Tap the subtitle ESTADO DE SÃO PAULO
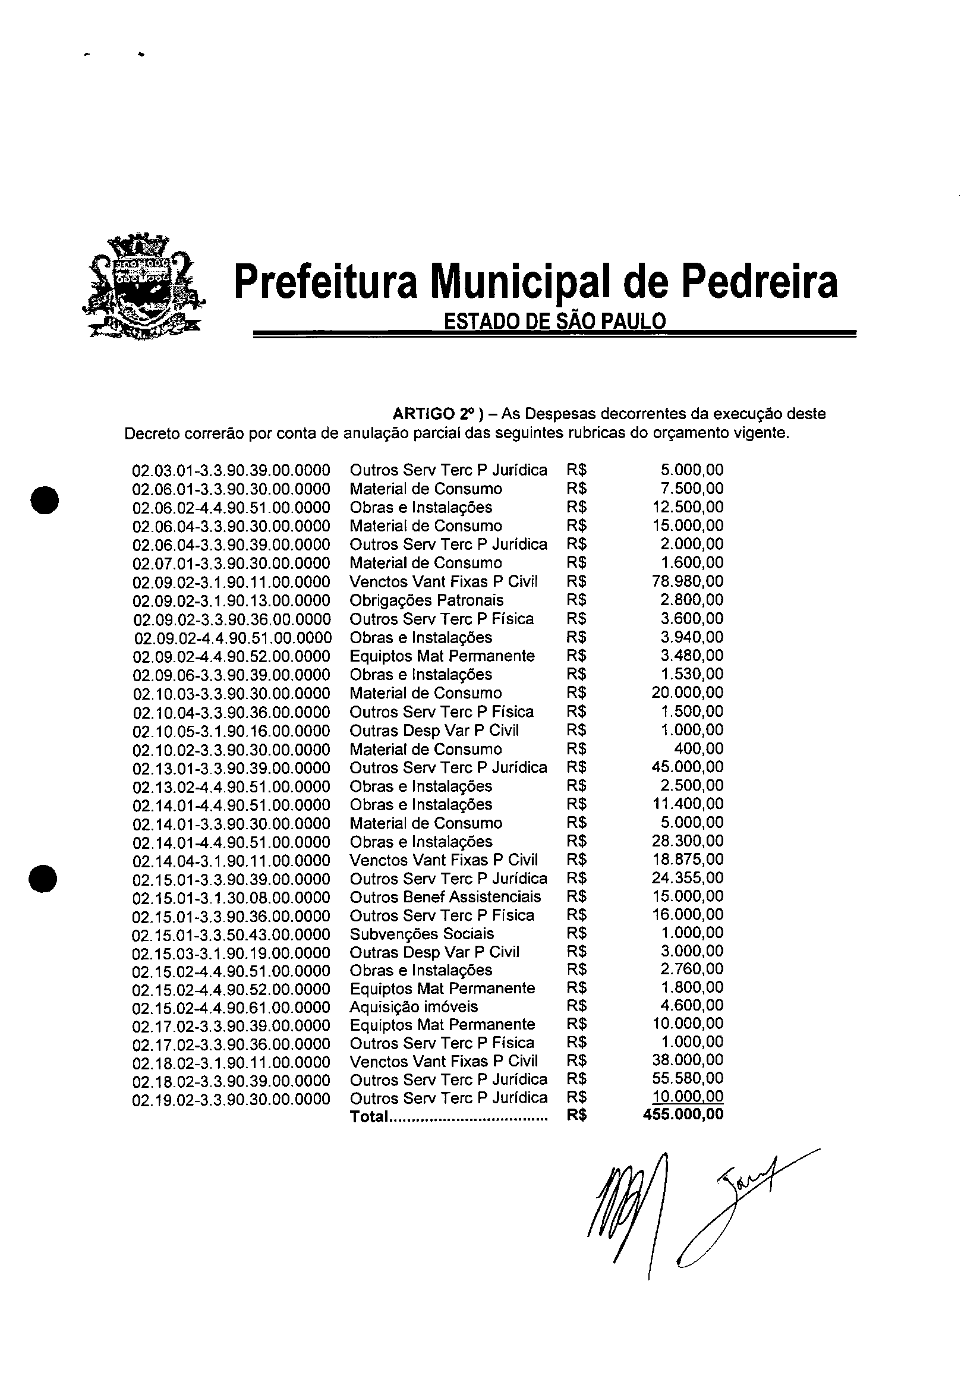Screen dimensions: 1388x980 pos(554,321)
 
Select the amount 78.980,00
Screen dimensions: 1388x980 pos(688,581)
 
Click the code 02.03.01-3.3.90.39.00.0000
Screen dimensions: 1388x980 pos(231,470)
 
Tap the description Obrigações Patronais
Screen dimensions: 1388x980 pos(426,600)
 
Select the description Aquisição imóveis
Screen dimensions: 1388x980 pos(414,1006)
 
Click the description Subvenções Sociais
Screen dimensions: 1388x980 pos(421,933)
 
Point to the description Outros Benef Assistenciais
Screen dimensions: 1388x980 pos(445,896)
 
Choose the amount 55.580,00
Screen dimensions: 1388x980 pos(688,1078)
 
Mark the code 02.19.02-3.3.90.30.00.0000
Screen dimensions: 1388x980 pos(231,1099)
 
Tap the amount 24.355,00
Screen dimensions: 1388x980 pos(688,878)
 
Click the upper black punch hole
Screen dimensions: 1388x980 pos(45,499)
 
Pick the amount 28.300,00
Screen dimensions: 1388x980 pos(688,841)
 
